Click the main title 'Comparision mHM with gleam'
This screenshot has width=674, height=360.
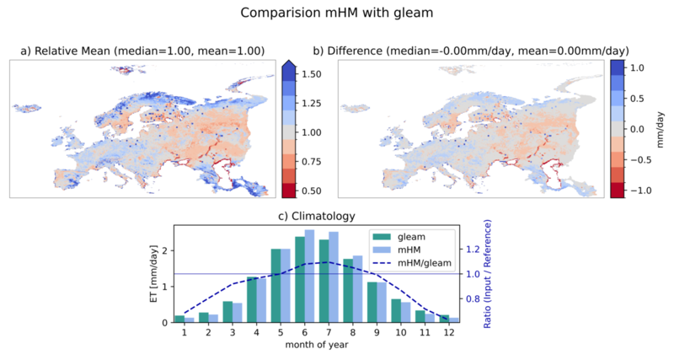click(336, 13)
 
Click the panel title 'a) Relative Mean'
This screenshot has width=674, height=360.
click(67, 51)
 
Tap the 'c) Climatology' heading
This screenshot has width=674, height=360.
click(317, 216)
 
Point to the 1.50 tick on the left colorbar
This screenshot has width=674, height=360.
click(311, 74)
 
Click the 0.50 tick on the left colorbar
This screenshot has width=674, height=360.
click(311, 191)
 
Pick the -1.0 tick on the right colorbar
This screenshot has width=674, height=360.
click(639, 191)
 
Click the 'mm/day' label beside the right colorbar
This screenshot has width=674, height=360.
click(661, 130)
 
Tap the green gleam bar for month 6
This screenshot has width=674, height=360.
click(300, 280)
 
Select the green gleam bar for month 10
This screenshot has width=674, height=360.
click(396, 310)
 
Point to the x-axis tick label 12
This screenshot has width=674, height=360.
click(449, 332)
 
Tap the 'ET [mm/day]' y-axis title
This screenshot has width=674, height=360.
click(154, 273)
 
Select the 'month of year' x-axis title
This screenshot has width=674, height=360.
click(317, 345)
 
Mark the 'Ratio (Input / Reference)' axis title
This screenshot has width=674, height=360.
click(487, 274)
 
